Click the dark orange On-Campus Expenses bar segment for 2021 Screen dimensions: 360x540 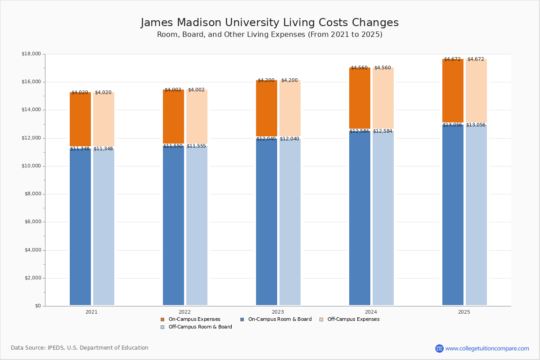(80, 119)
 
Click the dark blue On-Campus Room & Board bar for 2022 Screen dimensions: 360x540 (173, 225)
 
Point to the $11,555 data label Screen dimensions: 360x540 (196, 146)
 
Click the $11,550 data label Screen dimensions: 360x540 (173, 146)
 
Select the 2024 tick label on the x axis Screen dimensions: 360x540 (371, 312)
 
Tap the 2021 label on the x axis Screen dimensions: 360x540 (91, 312)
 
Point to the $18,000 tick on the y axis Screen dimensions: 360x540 (31, 54)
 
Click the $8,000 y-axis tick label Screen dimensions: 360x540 (31, 194)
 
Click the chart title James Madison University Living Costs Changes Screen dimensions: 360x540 (270, 23)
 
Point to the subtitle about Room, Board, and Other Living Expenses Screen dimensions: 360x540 (270, 35)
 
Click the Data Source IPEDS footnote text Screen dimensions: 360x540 (80, 348)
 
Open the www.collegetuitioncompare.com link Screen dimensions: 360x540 (487, 348)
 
